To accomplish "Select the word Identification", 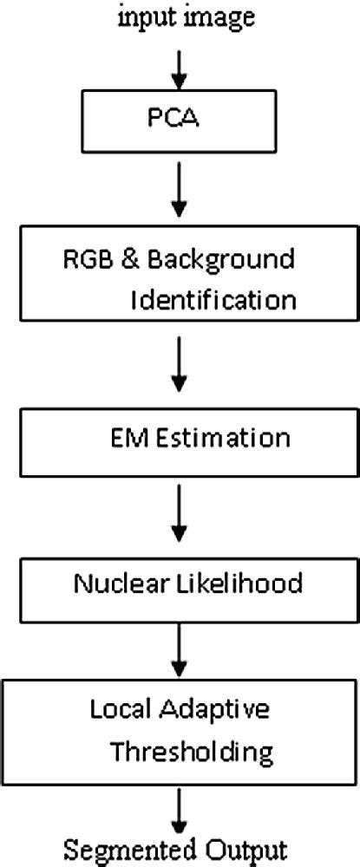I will coord(213,300).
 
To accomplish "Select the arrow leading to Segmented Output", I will coord(180,811).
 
